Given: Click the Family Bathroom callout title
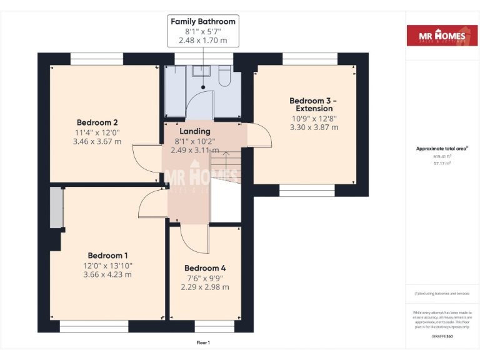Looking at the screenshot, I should (x=202, y=21).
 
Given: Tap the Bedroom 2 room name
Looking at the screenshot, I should (x=97, y=122).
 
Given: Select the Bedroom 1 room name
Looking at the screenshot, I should (x=107, y=256).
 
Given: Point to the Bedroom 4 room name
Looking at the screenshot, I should (x=205, y=268).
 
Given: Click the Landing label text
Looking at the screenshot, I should (x=195, y=131).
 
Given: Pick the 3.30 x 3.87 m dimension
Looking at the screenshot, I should (x=314, y=127).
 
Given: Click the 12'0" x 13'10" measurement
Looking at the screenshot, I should (x=107, y=266).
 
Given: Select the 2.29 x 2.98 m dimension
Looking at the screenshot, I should (x=205, y=287).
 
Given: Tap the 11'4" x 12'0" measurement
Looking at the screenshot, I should (x=97, y=132).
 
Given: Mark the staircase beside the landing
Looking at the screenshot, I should (x=225, y=169).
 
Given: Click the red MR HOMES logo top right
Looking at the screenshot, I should (x=436, y=36).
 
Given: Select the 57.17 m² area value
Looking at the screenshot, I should (x=442, y=162).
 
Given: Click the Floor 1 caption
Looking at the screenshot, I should (x=203, y=342).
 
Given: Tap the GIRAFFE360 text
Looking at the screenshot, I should (x=442, y=337).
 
